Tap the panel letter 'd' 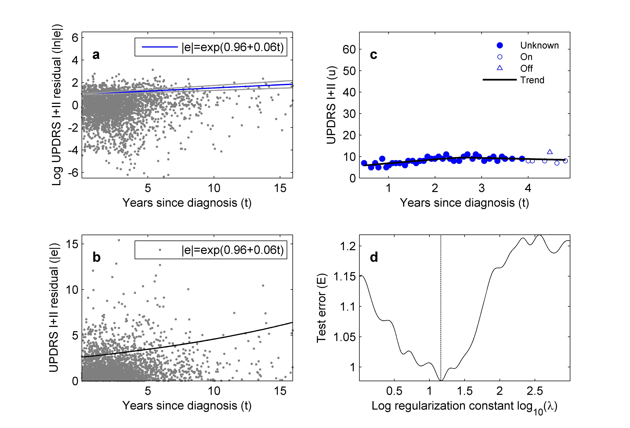tap(374, 257)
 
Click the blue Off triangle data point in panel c tap(550, 152)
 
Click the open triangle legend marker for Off tap(500, 68)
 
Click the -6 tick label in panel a tap(73, 173)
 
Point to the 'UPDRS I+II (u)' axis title tap(331, 105)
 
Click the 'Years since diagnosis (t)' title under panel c tap(464, 203)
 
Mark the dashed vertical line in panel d tap(441, 311)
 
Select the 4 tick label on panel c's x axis tap(528, 188)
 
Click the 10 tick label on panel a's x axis tap(214, 188)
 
